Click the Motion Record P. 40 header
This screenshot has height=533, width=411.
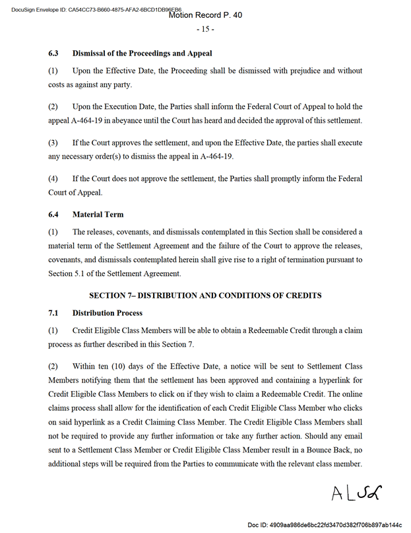tap(205, 15)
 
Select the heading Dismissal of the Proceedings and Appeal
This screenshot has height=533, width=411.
tap(142, 53)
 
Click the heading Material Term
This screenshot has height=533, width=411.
tap(98, 214)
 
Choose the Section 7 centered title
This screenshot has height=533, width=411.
tap(205, 295)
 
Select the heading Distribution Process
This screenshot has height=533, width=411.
tap(108, 312)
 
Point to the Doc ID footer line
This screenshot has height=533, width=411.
tap(325, 524)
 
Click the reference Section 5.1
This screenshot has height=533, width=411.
tap(69, 274)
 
